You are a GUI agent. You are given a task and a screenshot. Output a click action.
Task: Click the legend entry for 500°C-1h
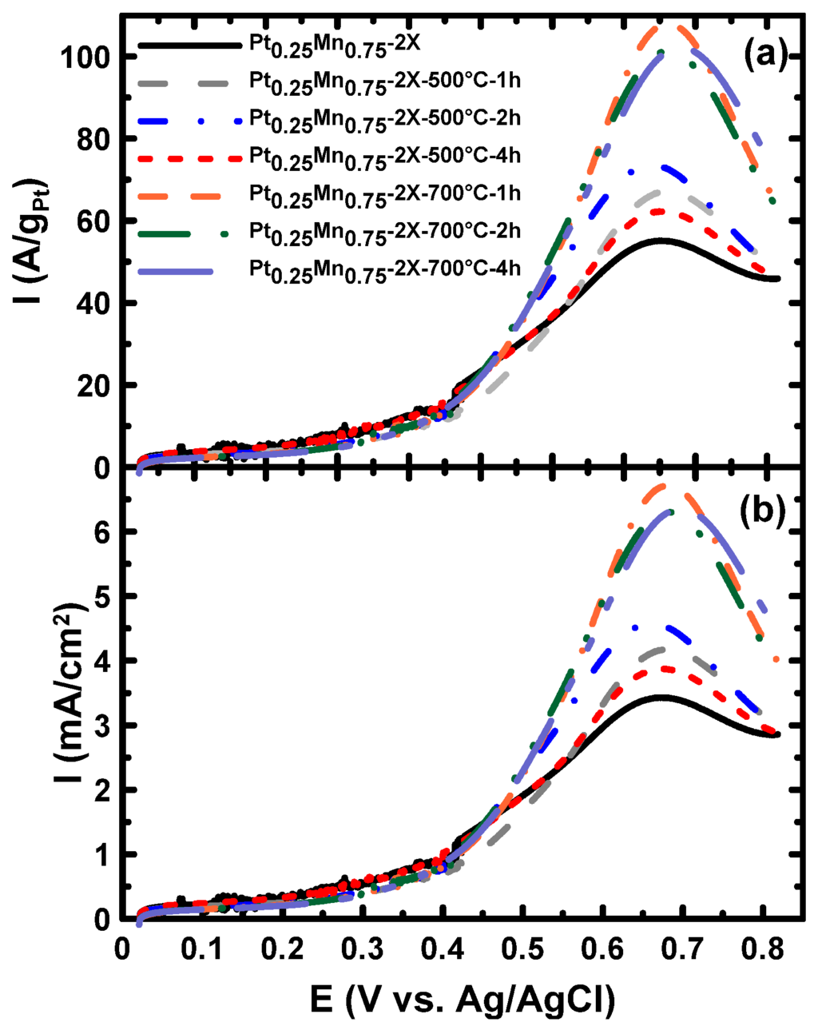pyautogui.click(x=383, y=82)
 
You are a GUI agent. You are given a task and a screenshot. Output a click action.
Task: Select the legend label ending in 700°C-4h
pyautogui.click(x=383, y=268)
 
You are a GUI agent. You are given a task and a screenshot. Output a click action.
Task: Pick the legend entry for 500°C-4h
pyautogui.click(x=383, y=157)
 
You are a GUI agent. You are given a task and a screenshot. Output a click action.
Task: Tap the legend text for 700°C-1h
pyautogui.click(x=383, y=194)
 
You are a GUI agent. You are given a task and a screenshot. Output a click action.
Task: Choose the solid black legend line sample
pyautogui.click(x=189, y=46)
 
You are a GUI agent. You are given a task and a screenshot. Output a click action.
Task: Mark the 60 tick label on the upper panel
pyautogui.click(x=96, y=221)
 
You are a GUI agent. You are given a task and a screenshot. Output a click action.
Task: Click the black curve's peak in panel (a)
pyautogui.click(x=661, y=240)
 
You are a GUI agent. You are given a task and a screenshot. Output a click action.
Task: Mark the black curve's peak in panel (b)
pyautogui.click(x=661, y=697)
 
